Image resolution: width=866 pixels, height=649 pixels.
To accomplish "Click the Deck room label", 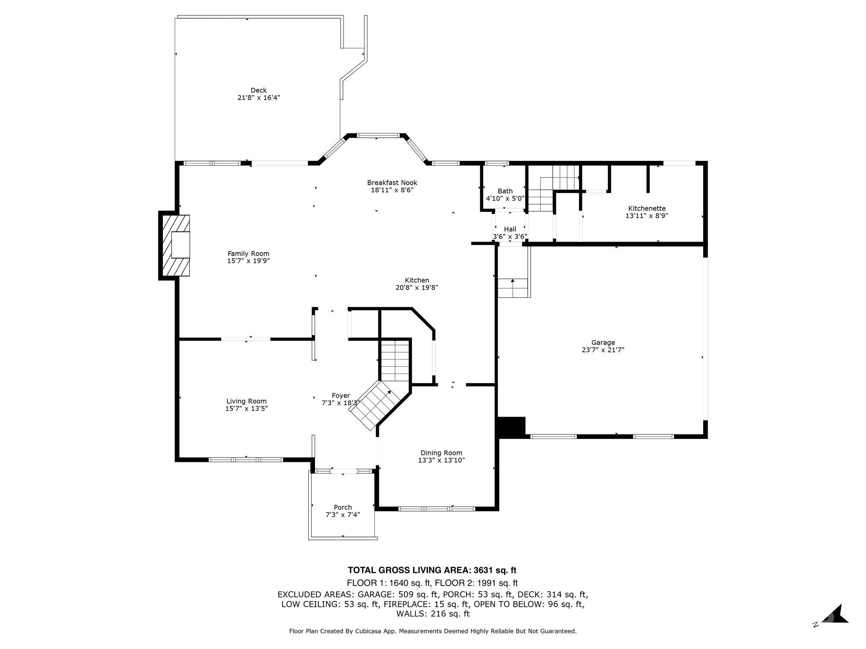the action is [x=258, y=90].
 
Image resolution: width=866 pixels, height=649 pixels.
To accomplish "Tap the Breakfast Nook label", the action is [x=392, y=183].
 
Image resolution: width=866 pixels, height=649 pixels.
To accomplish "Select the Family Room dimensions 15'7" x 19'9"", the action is [x=248, y=261].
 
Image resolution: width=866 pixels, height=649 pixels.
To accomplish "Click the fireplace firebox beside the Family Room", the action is [x=181, y=245].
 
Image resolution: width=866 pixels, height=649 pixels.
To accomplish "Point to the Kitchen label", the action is [x=417, y=280].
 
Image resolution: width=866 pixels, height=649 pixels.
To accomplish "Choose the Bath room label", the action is [x=505, y=191].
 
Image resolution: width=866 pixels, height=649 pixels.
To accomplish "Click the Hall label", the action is [x=510, y=229].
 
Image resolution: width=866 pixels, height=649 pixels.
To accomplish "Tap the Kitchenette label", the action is [x=647, y=208].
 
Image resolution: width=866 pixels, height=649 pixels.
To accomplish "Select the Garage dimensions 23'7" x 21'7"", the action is [x=603, y=350].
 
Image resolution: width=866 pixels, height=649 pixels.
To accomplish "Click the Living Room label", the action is [x=247, y=401].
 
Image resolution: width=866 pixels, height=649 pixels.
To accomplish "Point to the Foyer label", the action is [x=340, y=395].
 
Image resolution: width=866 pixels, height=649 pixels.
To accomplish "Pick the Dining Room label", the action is [x=441, y=453].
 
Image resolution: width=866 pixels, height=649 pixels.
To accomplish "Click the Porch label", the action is [x=343, y=507].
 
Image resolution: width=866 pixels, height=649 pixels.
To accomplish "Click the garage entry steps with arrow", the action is [x=513, y=288].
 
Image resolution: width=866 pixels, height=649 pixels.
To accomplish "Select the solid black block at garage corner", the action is [x=512, y=426].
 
